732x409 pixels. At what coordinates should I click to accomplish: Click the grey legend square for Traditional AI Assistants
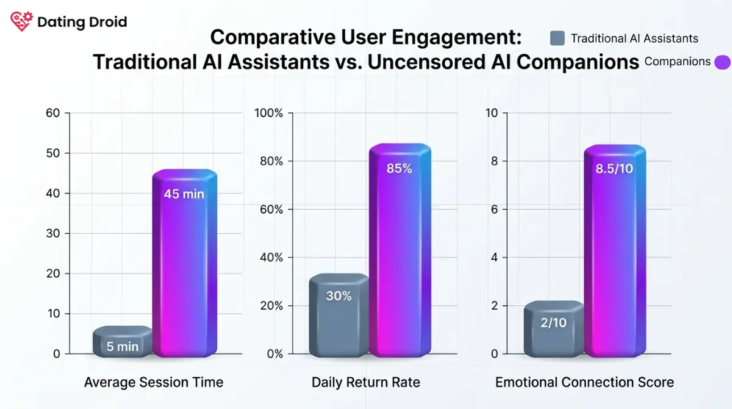point(557,38)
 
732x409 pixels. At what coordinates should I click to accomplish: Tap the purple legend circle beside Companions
point(722,62)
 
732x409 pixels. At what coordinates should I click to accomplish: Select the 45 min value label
point(184,195)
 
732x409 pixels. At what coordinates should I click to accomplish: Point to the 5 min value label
point(123,347)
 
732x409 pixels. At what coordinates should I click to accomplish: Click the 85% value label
point(400,168)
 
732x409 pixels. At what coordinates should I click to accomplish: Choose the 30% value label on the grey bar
point(339,296)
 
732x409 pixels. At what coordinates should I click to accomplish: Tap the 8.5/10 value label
point(614,168)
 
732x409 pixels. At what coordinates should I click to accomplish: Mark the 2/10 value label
point(553,323)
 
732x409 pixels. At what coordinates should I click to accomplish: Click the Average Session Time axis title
point(154,383)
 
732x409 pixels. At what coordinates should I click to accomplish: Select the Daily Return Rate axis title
point(366,383)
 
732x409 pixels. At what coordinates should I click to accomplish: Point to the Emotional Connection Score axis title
point(584,383)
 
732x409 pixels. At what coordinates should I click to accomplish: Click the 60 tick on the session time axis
point(53,113)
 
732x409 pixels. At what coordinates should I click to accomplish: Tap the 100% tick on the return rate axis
point(269,113)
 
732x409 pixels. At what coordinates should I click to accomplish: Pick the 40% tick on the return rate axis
point(271,258)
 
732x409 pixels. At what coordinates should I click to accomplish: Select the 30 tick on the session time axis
point(53,234)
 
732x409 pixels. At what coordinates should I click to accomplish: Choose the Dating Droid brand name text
point(82,22)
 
